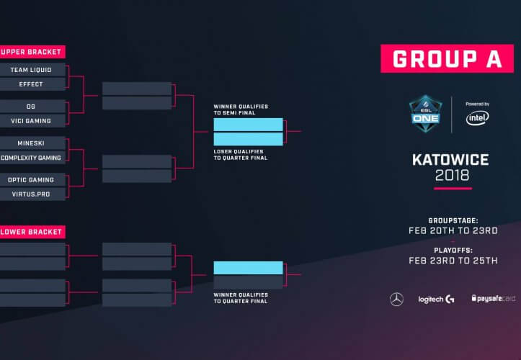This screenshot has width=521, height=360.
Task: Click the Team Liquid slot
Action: click(32, 70)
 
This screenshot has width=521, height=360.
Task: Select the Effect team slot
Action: click(32, 84)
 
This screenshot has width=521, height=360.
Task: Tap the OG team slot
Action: click(32, 107)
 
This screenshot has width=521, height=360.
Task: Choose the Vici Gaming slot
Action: click(32, 121)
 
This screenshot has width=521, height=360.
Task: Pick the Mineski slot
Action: click(32, 143)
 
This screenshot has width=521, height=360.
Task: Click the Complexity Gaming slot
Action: click(32, 158)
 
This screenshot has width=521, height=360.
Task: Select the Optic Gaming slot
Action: click(32, 180)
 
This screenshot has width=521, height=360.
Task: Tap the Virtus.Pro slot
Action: click(32, 194)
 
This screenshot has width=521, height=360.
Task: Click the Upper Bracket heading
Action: click(32, 52)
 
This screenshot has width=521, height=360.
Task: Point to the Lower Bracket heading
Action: click(32, 232)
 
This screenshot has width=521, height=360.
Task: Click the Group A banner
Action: click(447, 58)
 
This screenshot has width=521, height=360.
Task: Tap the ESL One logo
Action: click(426, 114)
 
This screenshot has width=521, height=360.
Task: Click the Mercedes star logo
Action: click(397, 300)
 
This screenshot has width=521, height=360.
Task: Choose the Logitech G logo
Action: click(436, 300)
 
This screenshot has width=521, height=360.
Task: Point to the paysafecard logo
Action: click(494, 298)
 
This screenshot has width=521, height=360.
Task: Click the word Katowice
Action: click(450, 160)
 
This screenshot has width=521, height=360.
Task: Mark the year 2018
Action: click(453, 176)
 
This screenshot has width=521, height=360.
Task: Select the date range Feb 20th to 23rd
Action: click(453, 230)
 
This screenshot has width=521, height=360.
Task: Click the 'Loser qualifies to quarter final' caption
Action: click(241, 155)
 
